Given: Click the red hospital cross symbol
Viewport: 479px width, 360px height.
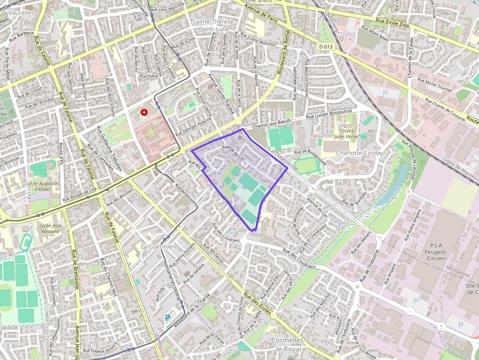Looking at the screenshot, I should pyautogui.click(x=144, y=112).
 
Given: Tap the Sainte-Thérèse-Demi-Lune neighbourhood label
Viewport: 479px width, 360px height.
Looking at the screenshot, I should pyautogui.click(x=214, y=25).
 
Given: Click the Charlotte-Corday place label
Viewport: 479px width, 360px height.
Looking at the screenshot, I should pyautogui.click(x=359, y=153).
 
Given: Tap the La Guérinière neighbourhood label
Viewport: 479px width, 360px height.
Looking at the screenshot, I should pyautogui.click(x=159, y=247).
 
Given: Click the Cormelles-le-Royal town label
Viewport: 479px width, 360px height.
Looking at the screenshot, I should pyautogui.click(x=288, y=344).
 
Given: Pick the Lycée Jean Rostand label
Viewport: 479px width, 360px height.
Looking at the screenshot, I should pyautogui.click(x=50, y=229).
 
